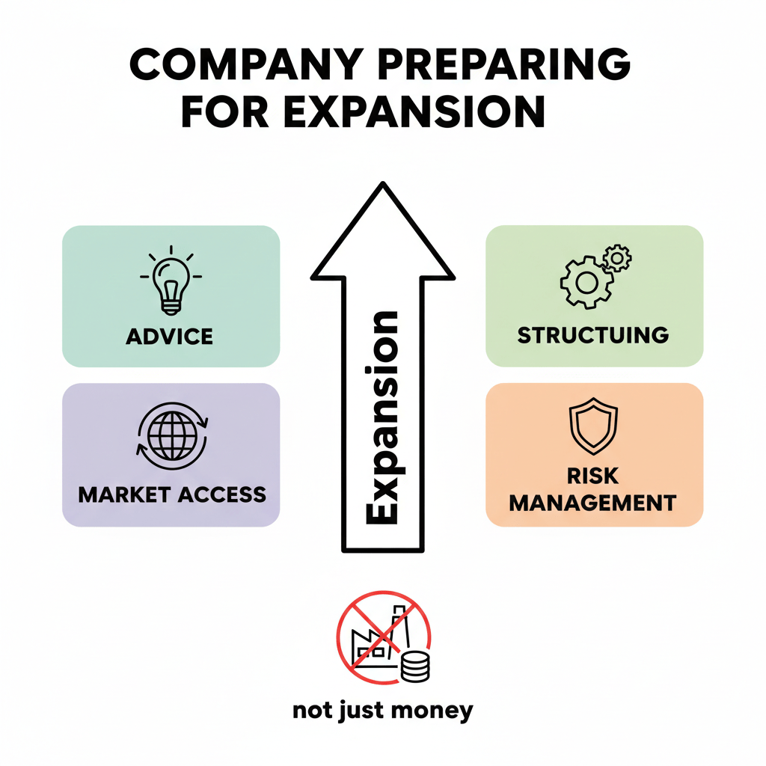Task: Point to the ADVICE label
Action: [170, 336]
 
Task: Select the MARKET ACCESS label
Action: [172, 494]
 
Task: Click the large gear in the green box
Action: [585, 283]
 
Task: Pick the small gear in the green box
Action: [617, 258]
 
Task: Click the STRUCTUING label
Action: [593, 334]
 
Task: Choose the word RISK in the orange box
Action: [592, 476]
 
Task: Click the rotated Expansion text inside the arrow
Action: [383, 419]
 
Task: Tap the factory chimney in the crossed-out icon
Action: [399, 622]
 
